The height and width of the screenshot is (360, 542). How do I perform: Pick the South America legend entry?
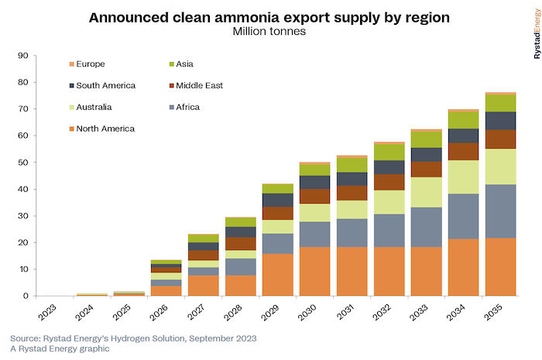point(103,85)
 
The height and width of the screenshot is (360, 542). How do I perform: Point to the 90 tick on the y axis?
point(22,56)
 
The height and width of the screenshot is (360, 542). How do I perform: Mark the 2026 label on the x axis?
point(160,315)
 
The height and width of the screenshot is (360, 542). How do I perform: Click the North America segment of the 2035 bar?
point(500,267)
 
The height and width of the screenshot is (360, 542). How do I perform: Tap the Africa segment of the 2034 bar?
point(462,216)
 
